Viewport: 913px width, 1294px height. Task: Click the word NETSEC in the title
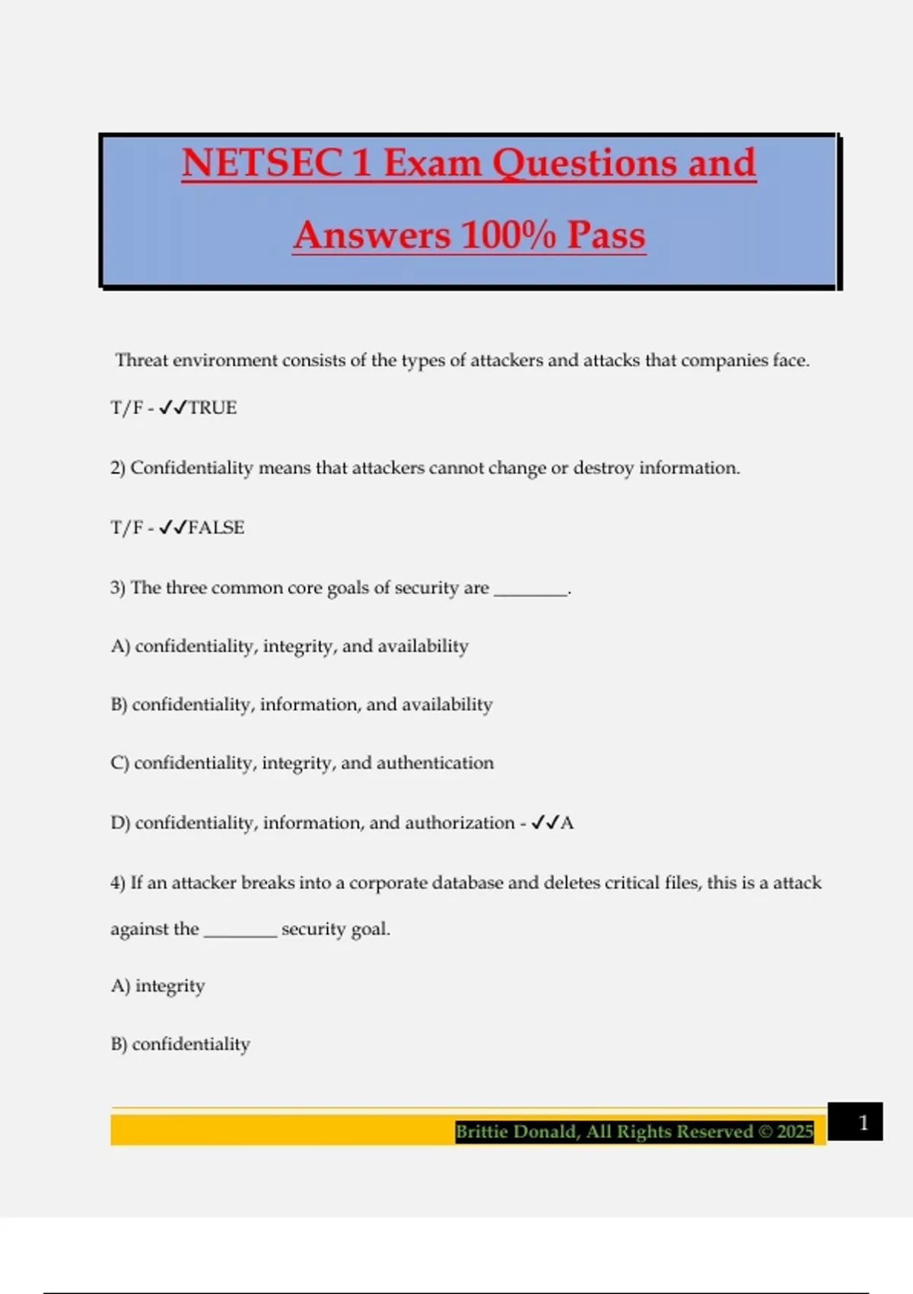[x=262, y=163]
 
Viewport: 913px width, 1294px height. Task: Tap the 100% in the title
[x=507, y=234]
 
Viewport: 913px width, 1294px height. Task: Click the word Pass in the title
[x=606, y=234]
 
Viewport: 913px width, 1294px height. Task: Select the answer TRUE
[x=212, y=408]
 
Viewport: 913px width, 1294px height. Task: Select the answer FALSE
[x=216, y=527]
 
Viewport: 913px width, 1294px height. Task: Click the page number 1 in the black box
[x=863, y=1123]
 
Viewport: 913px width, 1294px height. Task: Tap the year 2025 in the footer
[x=795, y=1132]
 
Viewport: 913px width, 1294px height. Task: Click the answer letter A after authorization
[x=567, y=823]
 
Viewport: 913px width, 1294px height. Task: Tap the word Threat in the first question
[x=142, y=360]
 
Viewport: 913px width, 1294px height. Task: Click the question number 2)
[x=118, y=468]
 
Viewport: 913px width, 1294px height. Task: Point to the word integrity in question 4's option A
[x=170, y=986]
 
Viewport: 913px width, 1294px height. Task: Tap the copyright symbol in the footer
[x=765, y=1132]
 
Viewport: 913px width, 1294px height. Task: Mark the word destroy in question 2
[x=603, y=468]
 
